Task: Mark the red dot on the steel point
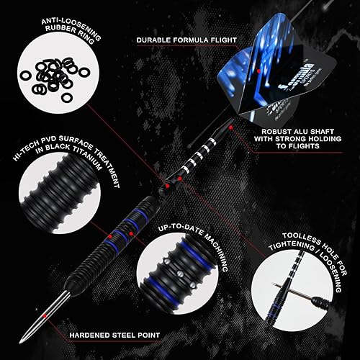pos(45,315)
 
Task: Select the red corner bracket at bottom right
pos(349,349)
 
